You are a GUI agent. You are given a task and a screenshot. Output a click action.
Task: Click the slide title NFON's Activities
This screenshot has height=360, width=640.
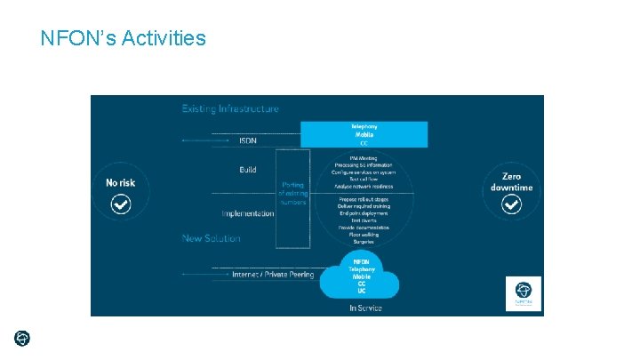123,38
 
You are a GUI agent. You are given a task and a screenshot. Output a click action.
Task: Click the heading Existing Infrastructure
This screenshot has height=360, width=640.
230,109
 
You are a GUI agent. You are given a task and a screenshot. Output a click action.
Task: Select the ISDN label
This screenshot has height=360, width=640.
248,140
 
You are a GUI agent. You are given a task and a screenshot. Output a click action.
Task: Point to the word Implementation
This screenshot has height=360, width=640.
248,213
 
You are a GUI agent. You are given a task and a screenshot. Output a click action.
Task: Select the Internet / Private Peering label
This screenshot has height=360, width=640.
272,275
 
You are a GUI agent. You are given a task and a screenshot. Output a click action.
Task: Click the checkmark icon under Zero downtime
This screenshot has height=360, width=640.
511,205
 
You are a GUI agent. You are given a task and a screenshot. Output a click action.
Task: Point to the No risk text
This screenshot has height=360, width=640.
121,183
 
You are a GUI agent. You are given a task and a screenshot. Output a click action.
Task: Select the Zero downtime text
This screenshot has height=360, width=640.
511,182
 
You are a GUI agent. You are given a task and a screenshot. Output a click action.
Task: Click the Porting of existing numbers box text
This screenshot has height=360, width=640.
293,193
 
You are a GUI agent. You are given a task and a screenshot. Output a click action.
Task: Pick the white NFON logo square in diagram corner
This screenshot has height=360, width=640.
523,293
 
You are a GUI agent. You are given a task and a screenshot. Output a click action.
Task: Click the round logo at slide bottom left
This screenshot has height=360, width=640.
22,339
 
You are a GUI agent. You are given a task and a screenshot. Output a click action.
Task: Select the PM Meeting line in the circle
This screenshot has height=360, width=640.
363,157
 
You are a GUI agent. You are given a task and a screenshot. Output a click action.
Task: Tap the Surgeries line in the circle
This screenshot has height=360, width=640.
363,241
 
